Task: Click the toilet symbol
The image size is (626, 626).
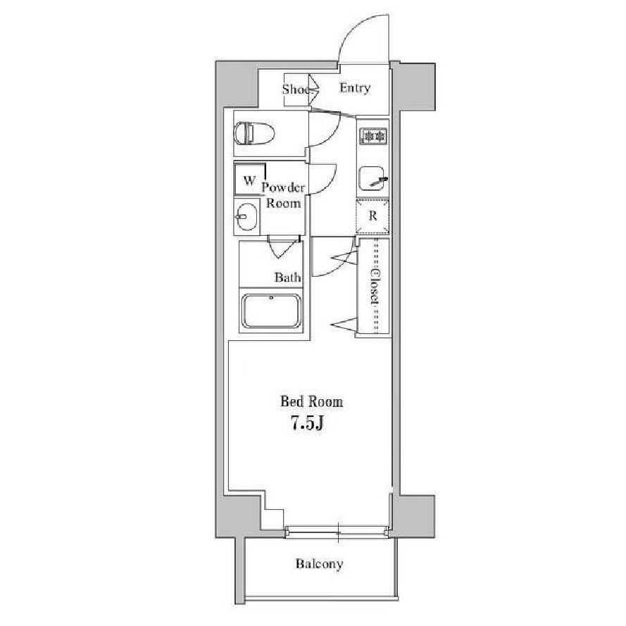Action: (x=254, y=133)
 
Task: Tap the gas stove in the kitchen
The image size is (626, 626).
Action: (x=373, y=136)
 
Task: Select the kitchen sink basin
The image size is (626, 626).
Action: (x=373, y=178)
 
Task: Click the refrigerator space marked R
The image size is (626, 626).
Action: (x=373, y=216)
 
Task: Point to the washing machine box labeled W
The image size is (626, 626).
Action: (x=249, y=180)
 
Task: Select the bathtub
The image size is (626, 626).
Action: (x=272, y=311)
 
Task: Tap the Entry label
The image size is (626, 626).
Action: (x=355, y=88)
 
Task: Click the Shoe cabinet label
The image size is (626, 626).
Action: (x=296, y=89)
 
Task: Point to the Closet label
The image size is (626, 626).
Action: (x=374, y=287)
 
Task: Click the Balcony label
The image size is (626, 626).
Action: (x=319, y=564)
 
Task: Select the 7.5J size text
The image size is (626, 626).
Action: (x=307, y=423)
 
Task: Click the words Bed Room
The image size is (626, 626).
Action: (x=312, y=401)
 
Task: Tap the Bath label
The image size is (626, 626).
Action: (x=287, y=277)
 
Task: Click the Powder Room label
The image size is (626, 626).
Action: (x=283, y=195)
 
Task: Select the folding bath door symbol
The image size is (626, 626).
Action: (x=282, y=248)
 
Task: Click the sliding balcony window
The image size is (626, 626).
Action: (x=337, y=532)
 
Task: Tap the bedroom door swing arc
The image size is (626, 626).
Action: (x=344, y=264)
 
